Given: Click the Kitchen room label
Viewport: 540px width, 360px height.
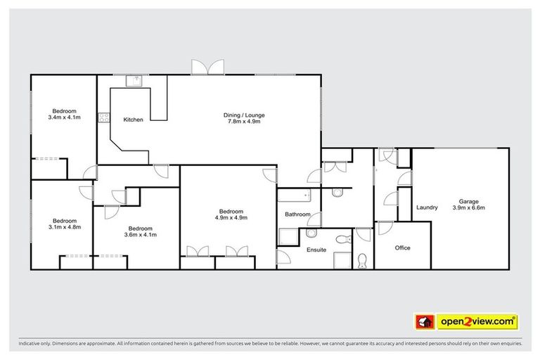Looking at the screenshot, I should click(x=133, y=120).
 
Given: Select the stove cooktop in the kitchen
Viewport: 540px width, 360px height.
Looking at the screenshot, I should click(x=104, y=117).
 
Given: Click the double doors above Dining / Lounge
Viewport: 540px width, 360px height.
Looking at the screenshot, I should click(x=207, y=67).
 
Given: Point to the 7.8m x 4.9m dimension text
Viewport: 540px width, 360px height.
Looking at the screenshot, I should click(x=244, y=122).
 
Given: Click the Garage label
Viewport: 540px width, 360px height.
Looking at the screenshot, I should click(x=468, y=200).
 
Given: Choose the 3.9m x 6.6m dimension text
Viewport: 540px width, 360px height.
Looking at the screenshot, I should click(x=468, y=207).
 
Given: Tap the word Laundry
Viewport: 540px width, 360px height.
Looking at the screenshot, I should click(x=427, y=207).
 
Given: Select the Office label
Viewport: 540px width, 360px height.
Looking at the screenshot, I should click(x=402, y=247).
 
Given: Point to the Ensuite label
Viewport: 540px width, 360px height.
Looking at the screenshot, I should click(x=316, y=250).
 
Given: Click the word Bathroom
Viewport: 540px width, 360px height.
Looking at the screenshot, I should click(x=297, y=214).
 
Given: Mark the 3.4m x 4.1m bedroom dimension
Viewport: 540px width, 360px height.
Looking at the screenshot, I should click(x=65, y=117).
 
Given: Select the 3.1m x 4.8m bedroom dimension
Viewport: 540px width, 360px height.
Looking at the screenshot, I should click(x=65, y=226).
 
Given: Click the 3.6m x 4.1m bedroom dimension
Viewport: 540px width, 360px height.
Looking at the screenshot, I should click(x=141, y=235).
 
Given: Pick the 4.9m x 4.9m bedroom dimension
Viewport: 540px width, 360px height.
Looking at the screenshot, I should click(x=231, y=218).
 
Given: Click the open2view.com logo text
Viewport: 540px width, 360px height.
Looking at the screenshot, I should click(x=477, y=322).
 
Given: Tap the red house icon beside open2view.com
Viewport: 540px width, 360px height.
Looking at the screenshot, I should click(x=425, y=322).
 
